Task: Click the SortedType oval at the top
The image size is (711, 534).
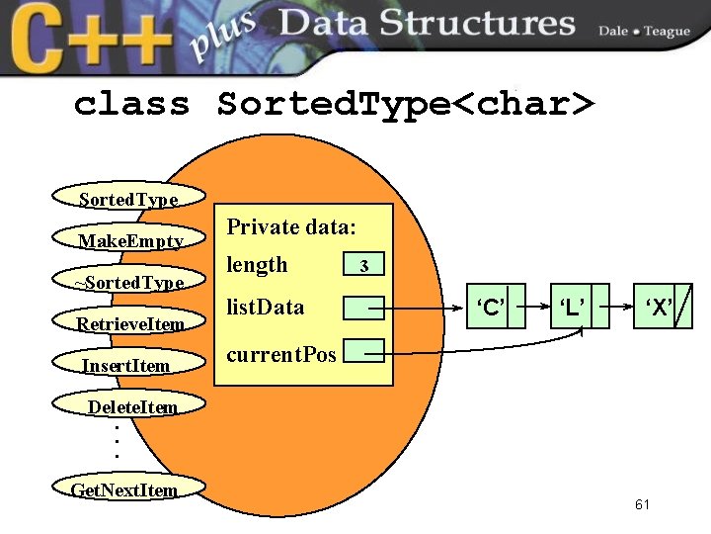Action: [128, 199]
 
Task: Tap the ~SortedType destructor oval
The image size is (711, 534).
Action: [129, 283]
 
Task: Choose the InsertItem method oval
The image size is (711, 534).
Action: [126, 366]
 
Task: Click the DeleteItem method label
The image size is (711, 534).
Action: [132, 407]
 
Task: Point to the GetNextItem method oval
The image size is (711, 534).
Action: [124, 489]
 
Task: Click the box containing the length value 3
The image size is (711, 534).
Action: [364, 266]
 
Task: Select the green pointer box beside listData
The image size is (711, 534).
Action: [362, 309]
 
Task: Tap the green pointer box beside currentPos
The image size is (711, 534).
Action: [362, 349]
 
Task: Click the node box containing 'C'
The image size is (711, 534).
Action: [491, 307]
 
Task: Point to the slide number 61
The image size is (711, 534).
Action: [643, 505]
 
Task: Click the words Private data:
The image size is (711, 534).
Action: [290, 226]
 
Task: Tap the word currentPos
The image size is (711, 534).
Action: [281, 353]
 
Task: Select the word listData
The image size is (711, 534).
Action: [266, 307]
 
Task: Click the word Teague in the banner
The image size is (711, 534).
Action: [668, 32]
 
